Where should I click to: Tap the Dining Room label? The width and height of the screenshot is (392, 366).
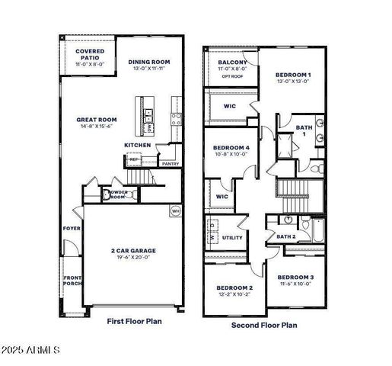(x=148, y=63)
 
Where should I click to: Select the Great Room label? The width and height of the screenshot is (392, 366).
(x=95, y=120)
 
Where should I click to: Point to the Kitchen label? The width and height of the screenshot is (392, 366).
(x=137, y=145)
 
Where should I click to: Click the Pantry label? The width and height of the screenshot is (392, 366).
(x=171, y=163)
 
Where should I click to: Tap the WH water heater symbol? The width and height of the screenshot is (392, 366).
(x=175, y=210)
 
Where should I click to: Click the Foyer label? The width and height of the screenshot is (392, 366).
(x=71, y=227)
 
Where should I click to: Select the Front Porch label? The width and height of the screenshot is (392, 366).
(x=72, y=281)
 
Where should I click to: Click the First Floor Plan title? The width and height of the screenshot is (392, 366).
(x=134, y=321)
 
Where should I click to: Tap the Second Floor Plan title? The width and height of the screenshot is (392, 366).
(x=264, y=324)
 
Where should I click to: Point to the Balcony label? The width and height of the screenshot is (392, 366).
(x=231, y=63)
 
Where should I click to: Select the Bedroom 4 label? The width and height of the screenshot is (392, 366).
(x=231, y=146)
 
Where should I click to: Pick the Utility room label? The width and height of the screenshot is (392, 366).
(x=232, y=238)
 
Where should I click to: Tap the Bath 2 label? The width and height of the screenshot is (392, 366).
(x=285, y=237)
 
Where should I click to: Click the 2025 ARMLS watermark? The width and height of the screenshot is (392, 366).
(x=32, y=350)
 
